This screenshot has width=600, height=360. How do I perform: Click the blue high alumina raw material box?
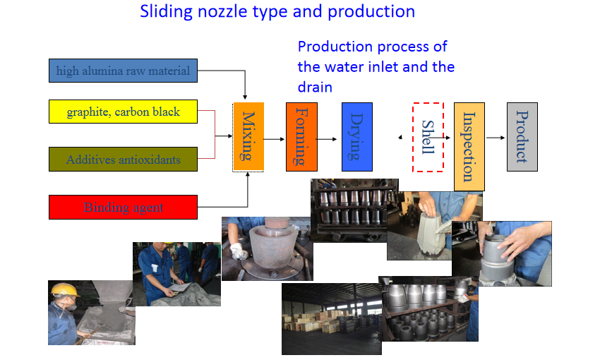point(123,71)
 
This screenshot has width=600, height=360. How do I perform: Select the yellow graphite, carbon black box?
point(123,112)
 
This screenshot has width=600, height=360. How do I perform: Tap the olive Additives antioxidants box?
point(123,159)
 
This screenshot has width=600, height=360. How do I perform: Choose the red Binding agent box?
point(123,207)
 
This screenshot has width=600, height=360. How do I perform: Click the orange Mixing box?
point(248,136)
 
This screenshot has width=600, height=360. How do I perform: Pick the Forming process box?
point(301,136)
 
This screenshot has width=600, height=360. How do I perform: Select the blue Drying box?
point(357,136)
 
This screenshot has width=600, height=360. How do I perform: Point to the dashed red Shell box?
point(428,137)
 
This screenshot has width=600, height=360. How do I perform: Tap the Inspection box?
point(469,147)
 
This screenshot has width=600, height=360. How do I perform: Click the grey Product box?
point(522,136)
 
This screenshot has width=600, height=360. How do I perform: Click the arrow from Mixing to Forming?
point(275,139)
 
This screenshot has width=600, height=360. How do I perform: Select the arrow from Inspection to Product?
point(496,138)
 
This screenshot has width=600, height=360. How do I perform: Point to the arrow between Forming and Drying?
point(327,139)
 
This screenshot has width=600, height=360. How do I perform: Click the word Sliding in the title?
point(166,11)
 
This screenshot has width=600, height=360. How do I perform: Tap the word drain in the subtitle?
point(315,88)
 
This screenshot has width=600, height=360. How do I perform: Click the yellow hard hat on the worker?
point(64,289)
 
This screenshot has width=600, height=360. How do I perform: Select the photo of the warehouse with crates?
point(331,318)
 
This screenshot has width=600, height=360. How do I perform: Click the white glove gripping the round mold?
point(239,251)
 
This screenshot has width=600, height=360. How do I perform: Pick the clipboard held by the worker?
point(179,287)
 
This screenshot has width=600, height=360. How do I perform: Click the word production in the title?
point(371,12)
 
